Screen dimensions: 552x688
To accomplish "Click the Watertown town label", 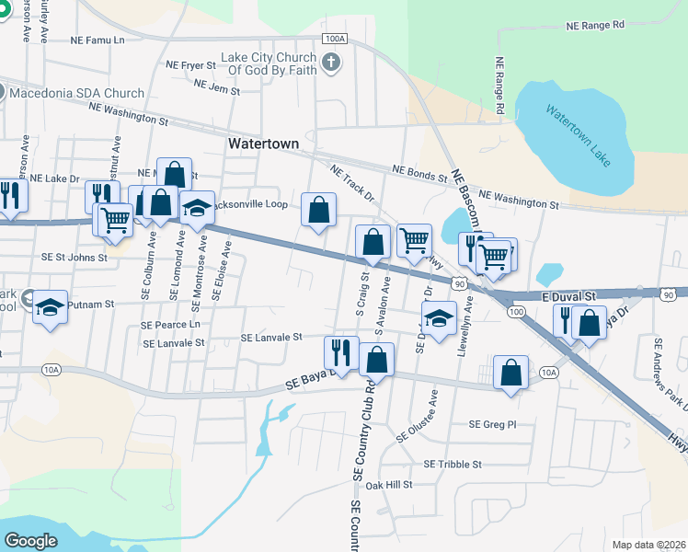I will [263, 144].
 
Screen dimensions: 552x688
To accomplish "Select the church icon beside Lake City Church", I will [331, 63].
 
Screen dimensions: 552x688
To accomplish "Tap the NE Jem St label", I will [217, 89].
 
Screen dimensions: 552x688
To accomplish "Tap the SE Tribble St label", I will [453, 465].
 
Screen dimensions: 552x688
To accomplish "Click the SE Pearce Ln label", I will [170, 325].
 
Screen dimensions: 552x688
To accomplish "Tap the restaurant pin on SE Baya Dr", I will [340, 353].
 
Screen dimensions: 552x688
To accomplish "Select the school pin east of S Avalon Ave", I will [439, 318].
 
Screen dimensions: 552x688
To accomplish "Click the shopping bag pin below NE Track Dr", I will [318, 211].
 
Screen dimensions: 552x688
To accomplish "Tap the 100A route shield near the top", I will [336, 39].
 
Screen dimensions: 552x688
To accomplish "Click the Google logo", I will [30, 540].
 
